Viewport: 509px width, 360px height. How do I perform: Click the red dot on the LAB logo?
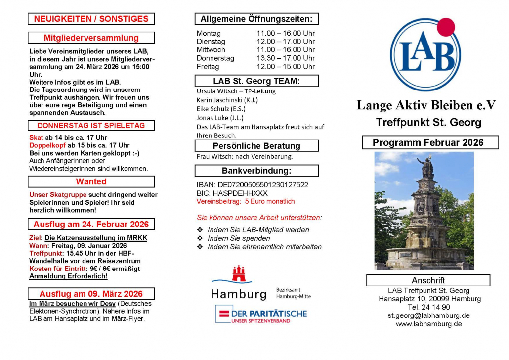coord(446,27)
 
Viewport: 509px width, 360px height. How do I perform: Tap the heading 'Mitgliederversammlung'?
coord(91,38)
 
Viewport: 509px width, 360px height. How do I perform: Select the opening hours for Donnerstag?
coord(285,58)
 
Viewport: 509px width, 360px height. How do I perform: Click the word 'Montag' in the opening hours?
coord(209,33)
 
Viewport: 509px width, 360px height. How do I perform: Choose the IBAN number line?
coord(253,185)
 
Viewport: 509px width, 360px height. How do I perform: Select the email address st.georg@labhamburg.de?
coord(428,315)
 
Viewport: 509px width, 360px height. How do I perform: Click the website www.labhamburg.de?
coord(428,324)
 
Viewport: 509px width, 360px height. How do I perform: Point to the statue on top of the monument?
coord(425,167)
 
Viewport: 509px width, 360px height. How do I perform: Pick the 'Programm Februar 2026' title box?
coord(428,143)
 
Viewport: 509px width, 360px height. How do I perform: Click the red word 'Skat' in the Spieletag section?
coord(36,137)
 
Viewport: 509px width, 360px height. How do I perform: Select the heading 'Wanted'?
coord(91,182)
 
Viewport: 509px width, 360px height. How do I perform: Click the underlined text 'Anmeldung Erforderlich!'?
coord(68,276)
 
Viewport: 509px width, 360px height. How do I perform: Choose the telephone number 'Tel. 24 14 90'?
coord(428,307)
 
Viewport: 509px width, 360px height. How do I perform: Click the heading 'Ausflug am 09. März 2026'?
coord(91,294)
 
